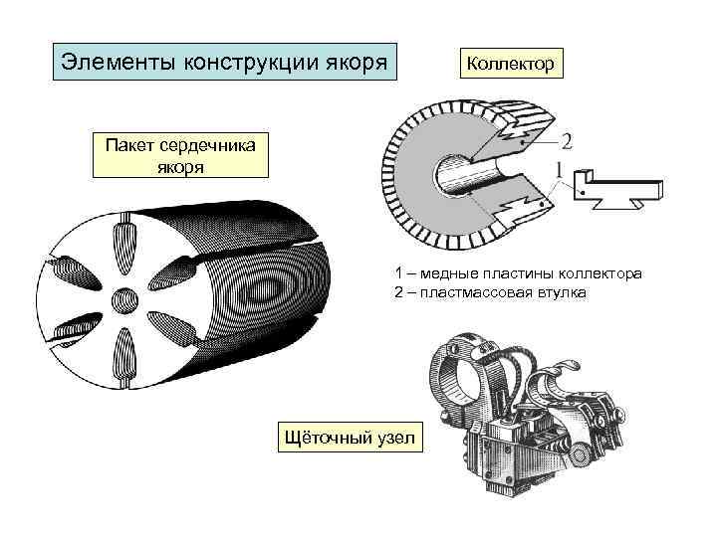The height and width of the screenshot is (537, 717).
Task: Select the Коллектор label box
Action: click(510, 63)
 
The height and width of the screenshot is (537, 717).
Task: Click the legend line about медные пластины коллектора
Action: click(518, 273)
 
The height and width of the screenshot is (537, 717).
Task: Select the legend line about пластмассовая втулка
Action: click(490, 292)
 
